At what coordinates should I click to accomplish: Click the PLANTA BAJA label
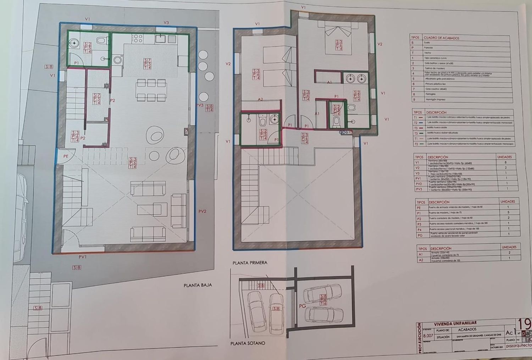[x=198, y=285]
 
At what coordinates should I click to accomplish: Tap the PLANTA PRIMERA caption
[x=250, y=263]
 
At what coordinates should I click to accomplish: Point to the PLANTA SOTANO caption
[x=248, y=343]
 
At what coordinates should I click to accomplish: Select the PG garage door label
[x=303, y=306]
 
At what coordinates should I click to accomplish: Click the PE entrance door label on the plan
[x=66, y=156]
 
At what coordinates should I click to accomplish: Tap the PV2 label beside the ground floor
[x=202, y=211]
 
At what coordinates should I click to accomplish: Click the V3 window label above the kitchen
[x=166, y=23]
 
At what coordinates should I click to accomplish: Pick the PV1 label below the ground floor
[x=83, y=257]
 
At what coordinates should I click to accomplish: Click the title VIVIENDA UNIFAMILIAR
[x=455, y=323]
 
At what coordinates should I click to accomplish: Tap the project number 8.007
[x=428, y=336]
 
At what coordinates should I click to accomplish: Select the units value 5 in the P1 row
[x=508, y=212]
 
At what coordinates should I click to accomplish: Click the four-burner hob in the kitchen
[x=137, y=38]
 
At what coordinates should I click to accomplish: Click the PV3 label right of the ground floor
[x=200, y=105]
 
